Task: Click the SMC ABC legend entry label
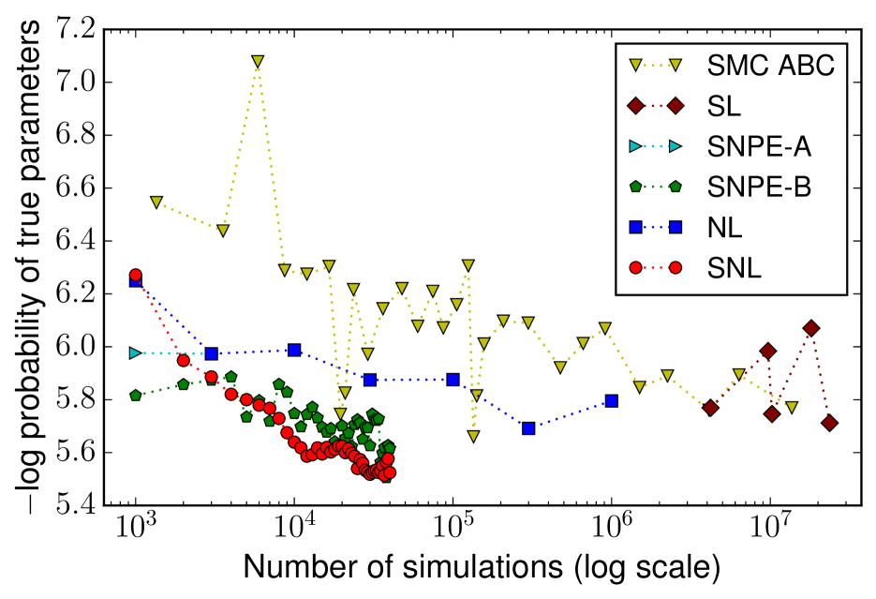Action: pos(769,67)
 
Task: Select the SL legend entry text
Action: pos(722,107)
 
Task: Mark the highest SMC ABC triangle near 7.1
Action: pos(258,62)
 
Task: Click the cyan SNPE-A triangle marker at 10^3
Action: pos(136,352)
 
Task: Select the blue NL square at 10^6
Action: pos(612,400)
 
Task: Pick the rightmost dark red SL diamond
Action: pos(829,423)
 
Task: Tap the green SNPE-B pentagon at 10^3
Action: pos(136,396)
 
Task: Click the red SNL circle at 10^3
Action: pos(136,275)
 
